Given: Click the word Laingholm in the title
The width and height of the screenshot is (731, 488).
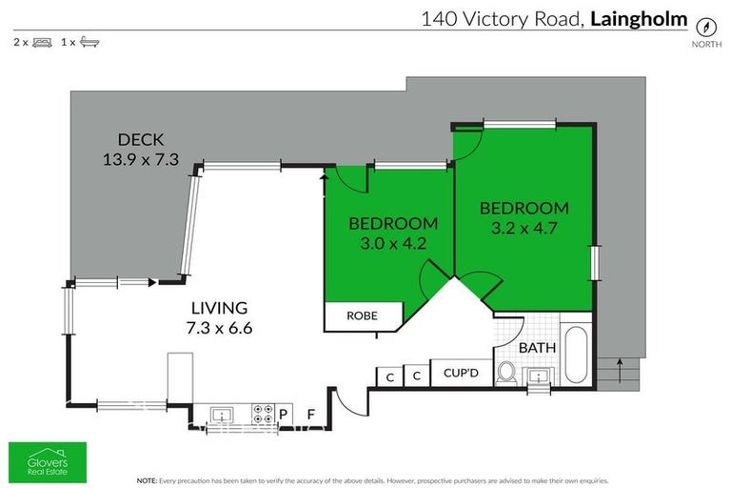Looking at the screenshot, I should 639,17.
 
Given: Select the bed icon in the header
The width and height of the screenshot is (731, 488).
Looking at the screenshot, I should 42,42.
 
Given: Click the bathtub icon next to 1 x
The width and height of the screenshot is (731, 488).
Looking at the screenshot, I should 89,42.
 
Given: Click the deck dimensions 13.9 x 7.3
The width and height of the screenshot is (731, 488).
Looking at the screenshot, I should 141,160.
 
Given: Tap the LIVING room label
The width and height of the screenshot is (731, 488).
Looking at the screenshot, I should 219,308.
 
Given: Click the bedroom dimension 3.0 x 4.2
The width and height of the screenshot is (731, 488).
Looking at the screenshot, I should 393,244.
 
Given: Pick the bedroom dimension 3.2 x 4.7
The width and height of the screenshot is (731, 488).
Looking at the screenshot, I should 524,229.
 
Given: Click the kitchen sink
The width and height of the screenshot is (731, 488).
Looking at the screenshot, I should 222,414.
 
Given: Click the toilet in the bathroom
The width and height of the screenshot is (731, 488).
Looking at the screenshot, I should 506,374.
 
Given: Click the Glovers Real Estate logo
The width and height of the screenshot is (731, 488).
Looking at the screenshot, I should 47,458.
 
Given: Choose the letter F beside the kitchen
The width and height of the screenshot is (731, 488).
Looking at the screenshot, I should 310,414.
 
